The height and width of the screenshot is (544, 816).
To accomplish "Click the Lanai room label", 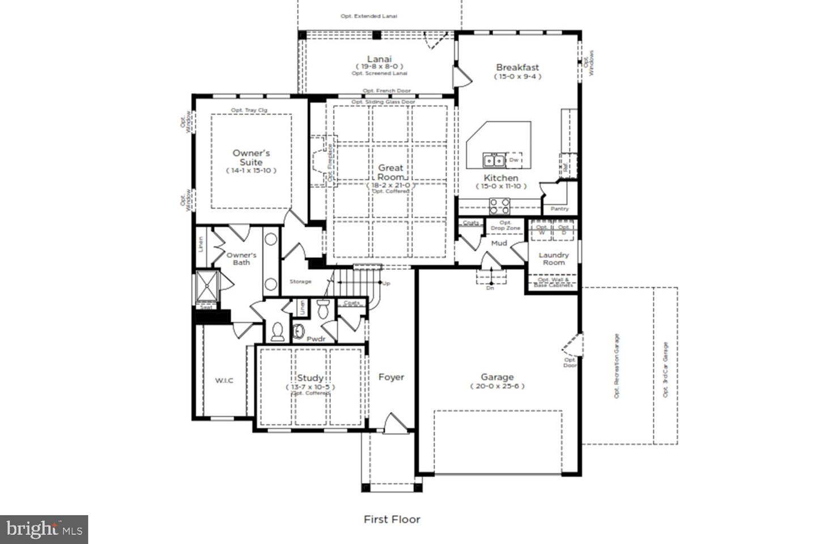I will (379, 59).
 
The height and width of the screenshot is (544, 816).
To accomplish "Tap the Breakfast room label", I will (517, 67).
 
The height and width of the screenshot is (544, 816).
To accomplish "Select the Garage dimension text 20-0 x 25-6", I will (497, 386).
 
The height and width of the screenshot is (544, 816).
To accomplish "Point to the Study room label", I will (310, 378).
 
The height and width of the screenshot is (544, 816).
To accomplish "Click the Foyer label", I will (391, 377).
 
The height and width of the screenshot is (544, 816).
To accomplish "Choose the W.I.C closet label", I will (224, 380).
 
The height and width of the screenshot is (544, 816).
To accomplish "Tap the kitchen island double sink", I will (494, 160).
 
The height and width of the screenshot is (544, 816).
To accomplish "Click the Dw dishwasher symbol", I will (514, 160).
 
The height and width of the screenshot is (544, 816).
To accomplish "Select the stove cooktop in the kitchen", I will (499, 205).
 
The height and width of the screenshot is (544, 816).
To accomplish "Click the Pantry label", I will (559, 209).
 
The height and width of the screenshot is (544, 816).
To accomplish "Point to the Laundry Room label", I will (554, 258).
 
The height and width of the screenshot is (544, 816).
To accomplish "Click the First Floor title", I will (392, 519).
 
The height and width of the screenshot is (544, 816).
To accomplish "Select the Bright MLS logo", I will (44, 529).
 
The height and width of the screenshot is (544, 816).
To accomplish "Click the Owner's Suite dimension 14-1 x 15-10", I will (251, 171).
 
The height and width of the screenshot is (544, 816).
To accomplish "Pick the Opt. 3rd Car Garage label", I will (665, 369).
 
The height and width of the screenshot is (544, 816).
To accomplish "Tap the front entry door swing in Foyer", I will (394, 424).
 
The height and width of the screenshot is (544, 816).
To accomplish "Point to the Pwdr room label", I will (316, 339).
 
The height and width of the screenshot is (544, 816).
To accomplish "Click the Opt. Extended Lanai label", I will (368, 16).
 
